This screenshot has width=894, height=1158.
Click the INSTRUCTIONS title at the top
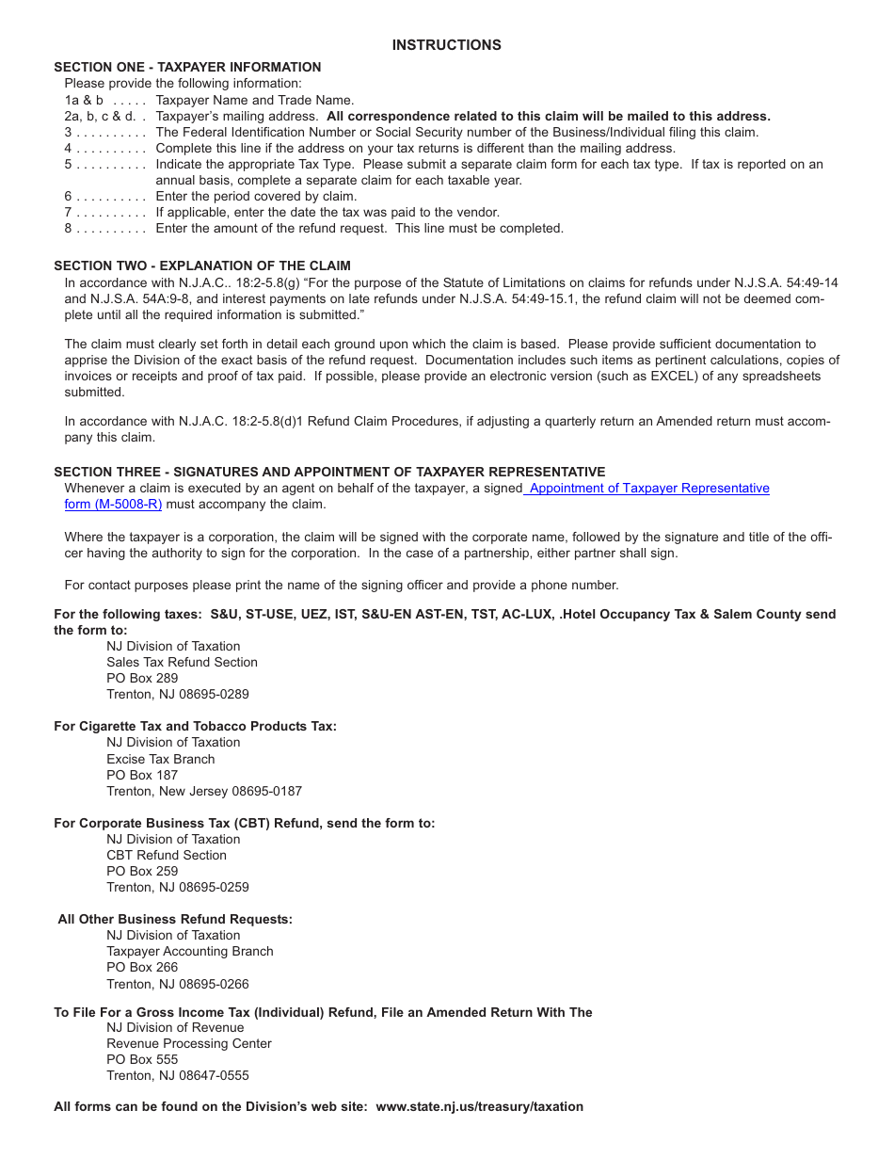[446, 45]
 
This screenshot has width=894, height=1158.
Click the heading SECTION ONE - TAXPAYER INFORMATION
[187, 67]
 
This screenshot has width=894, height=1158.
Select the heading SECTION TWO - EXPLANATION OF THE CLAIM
[201, 265]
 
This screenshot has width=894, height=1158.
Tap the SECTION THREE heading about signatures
[329, 472]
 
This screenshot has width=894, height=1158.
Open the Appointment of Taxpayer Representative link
[649, 488]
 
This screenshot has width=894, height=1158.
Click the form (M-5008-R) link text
[113, 504]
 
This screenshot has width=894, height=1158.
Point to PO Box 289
[142, 678]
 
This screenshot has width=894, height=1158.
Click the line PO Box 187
[142, 775]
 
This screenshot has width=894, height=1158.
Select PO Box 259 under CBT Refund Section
[142, 871]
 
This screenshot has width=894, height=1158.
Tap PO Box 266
[142, 967]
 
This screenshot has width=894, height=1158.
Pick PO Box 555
[142, 1059]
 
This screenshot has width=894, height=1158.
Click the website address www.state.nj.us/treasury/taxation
[479, 1106]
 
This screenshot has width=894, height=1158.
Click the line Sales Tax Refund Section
[182, 662]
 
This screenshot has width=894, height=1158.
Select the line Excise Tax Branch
[160, 759]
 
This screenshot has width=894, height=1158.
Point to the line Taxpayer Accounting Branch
[189, 951]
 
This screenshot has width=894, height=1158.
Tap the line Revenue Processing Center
[188, 1043]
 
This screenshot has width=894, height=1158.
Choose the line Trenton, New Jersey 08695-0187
[204, 791]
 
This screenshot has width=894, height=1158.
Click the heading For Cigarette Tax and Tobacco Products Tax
[195, 726]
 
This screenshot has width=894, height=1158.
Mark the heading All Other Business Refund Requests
[175, 919]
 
